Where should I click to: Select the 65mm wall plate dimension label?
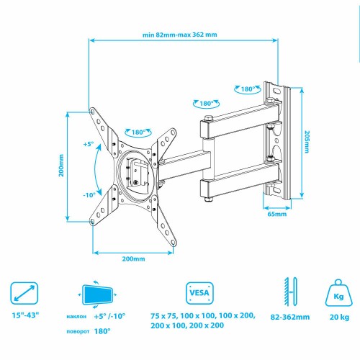tap(277, 213)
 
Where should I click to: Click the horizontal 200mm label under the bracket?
tap(133, 258)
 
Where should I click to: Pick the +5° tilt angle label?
tap(89, 144)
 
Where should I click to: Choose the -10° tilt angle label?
tap(89, 194)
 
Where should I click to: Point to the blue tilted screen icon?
tap(98, 294)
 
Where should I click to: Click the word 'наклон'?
tap(78, 316)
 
